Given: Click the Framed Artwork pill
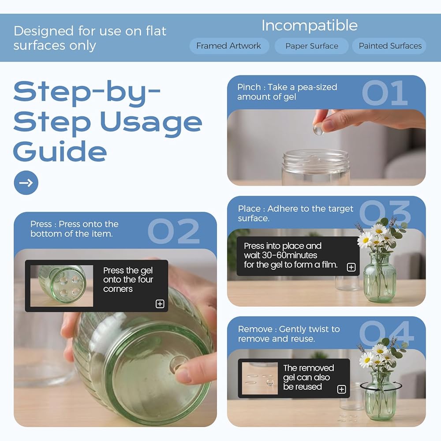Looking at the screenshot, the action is coord(229,46).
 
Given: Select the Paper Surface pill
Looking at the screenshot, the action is coord(312,46).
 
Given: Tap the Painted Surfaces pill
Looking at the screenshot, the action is coord(390,46).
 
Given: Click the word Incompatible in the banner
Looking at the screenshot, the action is coord(310,26).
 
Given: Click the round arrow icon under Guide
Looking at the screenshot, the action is coord(26,183).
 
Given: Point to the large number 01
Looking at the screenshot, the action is coord(385,93).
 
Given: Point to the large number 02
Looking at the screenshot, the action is coord(173,231).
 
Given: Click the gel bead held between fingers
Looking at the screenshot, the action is coord(319,130).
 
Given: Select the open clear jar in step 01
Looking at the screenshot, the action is coord(316,167).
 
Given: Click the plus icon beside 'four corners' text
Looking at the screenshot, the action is coord(160,304).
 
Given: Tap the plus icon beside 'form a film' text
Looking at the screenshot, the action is coord(351,267).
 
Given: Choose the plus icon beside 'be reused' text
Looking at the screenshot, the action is coord(341,389).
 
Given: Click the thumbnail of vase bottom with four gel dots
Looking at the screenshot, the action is coord(62,286).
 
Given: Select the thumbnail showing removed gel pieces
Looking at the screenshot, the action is coord(260,378).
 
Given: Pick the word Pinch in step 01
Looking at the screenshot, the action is coord(249,87).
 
